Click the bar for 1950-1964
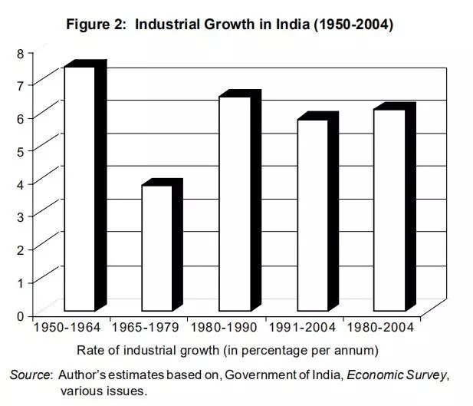pyautogui.click(x=80, y=188)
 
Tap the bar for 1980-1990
pyautogui.click(x=235, y=203)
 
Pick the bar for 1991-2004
pyautogui.click(x=312, y=215)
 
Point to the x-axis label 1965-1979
pyautogui.click(x=146, y=327)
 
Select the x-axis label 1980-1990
pyautogui.click(x=224, y=327)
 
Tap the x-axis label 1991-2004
pyautogui.click(x=302, y=327)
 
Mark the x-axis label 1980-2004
pyautogui.click(x=379, y=327)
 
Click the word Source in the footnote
pyautogui.click(x=29, y=375)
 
